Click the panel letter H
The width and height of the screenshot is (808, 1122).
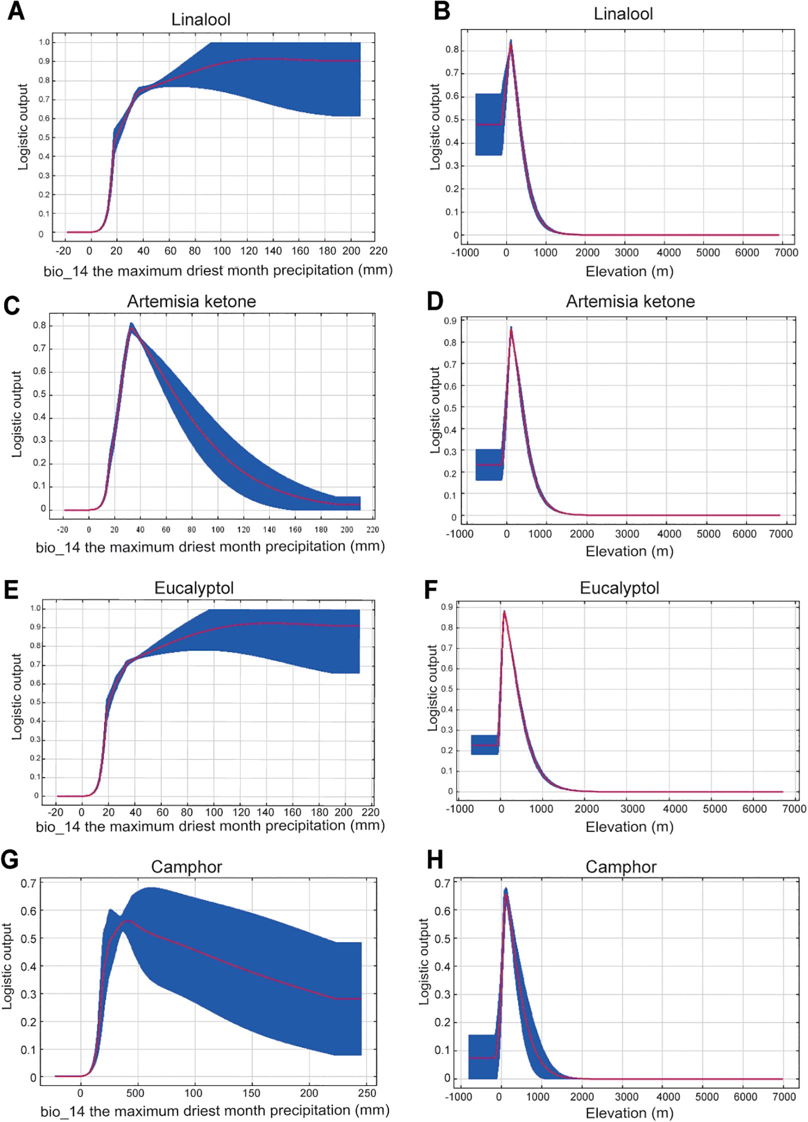tap(435, 860)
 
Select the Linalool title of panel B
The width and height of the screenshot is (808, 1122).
tap(623, 14)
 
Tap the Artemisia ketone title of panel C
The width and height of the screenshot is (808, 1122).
tap(191, 301)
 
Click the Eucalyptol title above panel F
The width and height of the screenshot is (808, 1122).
tap(619, 588)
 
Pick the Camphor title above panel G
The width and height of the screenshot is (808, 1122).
tap(186, 866)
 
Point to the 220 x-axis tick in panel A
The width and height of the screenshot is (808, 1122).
tap(378, 251)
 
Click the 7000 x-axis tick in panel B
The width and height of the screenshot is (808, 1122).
tap(786, 253)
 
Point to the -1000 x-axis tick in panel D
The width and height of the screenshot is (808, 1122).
tap(460, 534)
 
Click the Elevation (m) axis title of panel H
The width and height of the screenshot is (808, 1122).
tap(629, 1113)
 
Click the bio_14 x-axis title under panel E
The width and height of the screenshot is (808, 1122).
tap(210, 826)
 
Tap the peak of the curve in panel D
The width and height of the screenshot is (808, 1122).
tap(511, 328)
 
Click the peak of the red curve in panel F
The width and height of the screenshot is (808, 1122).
tap(504, 611)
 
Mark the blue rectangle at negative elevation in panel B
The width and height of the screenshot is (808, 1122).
tap(489, 124)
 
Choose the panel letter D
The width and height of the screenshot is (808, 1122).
tap(435, 302)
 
